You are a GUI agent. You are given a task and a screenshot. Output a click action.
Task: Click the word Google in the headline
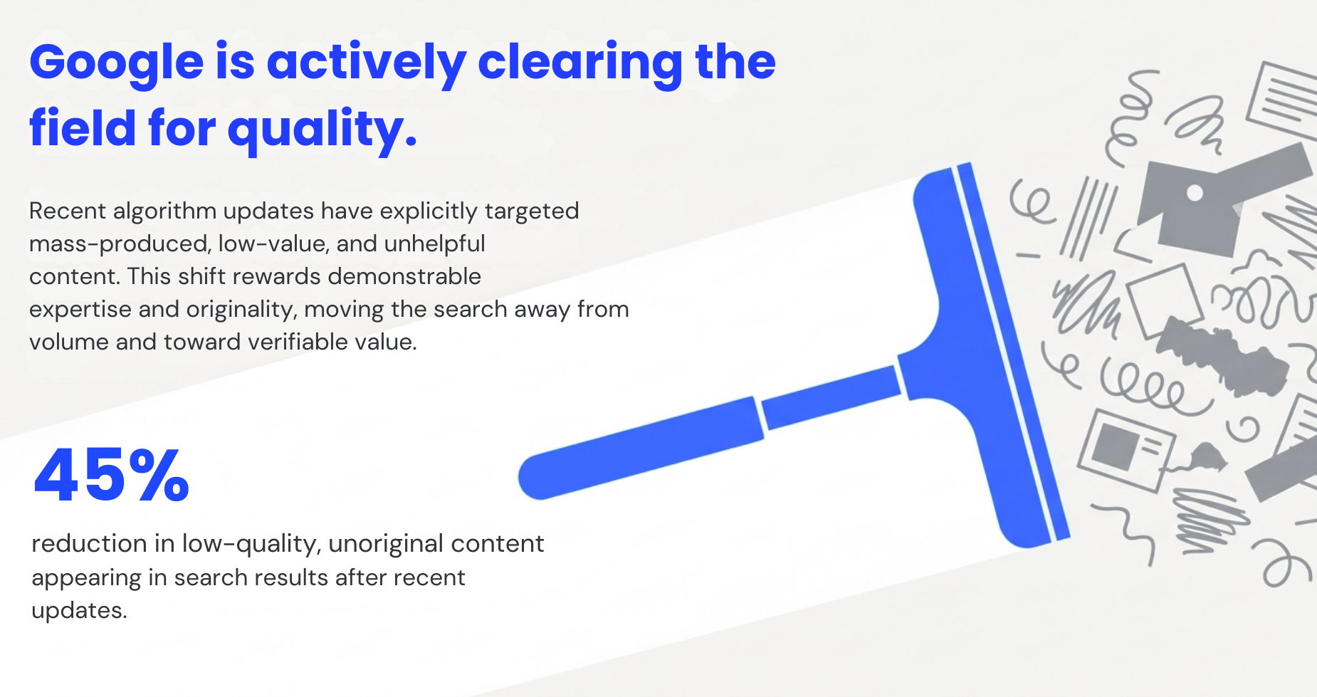117,63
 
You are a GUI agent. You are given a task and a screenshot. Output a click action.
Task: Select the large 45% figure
112,476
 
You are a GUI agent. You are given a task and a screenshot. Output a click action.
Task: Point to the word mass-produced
119,244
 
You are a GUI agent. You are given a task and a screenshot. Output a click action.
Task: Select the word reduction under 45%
89,544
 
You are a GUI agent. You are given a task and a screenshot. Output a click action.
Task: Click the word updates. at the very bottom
79,611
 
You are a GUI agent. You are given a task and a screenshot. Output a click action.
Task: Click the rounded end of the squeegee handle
541,476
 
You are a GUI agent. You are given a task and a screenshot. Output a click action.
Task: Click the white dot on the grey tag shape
1195,193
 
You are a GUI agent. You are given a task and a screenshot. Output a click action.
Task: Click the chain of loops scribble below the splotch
1146,388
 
